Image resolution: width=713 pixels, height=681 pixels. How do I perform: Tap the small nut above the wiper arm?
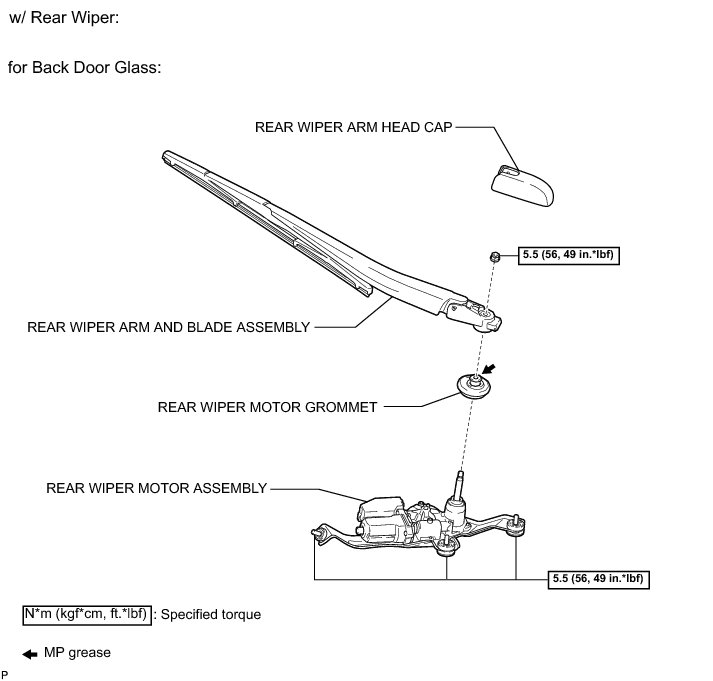click(495, 258)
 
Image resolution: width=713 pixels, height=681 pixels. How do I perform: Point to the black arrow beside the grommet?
click(490, 368)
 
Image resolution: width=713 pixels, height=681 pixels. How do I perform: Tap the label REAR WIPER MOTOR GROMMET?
click(267, 407)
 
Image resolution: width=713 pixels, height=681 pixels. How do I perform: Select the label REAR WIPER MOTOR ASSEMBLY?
click(157, 489)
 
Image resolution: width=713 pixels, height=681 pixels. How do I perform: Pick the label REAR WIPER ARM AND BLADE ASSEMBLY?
click(169, 327)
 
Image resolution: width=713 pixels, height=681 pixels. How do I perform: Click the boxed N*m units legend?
click(86, 614)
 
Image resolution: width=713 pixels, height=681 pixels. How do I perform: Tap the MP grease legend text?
click(77, 653)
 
